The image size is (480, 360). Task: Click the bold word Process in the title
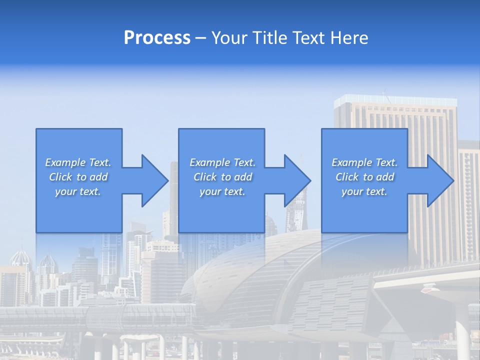click(157, 38)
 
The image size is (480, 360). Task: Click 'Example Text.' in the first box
click(78, 162)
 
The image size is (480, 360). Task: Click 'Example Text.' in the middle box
click(222, 162)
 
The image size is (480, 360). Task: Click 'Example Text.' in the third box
click(364, 162)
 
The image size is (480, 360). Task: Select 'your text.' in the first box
click(78, 191)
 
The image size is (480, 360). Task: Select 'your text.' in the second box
click(222, 191)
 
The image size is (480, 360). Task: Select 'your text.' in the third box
click(364, 191)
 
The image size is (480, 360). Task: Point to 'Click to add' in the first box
click(78, 177)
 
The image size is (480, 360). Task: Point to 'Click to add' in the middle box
click(222, 177)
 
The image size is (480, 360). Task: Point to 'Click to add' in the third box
click(364, 177)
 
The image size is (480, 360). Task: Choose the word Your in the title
click(230, 38)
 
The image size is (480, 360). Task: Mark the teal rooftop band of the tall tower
click(395, 100)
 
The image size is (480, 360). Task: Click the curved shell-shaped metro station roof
click(250, 270)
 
